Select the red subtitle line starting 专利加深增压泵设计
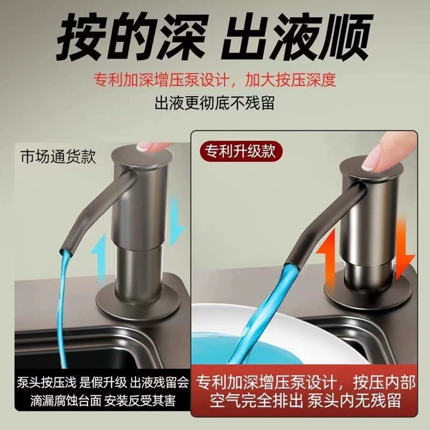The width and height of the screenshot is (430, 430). [x=215, y=80]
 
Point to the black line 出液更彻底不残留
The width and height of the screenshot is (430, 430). [x=215, y=102]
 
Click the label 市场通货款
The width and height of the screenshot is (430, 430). [x=58, y=156]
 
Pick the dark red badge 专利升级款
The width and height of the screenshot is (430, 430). [x=241, y=151]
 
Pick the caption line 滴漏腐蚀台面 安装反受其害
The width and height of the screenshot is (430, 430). [x=102, y=401]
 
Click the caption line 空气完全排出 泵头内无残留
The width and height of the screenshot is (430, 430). [x=305, y=401]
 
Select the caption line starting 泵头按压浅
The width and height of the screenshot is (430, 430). [x=102, y=382]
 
